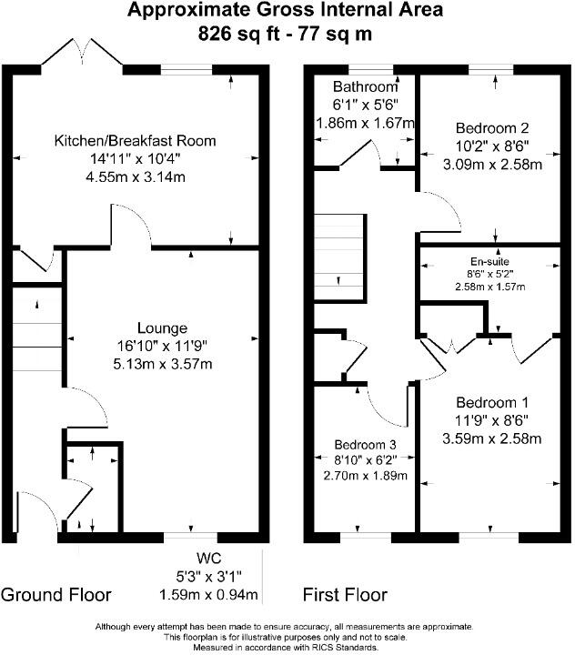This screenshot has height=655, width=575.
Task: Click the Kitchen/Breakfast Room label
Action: (136, 141)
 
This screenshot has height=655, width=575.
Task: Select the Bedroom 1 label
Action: (492, 402)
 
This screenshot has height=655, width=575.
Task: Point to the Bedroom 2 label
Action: (492, 127)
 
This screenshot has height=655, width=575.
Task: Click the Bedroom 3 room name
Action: (365, 445)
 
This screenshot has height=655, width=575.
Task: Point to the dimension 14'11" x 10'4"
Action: (136, 159)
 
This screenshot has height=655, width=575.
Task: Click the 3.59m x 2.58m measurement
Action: (492, 438)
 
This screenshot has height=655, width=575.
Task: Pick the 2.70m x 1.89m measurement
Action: (365, 475)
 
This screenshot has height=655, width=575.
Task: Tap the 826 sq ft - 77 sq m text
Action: (286, 35)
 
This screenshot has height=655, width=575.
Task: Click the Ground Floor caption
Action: (56, 595)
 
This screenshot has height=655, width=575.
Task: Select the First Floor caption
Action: (345, 595)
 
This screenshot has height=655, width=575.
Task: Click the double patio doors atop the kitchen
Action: (82, 55)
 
